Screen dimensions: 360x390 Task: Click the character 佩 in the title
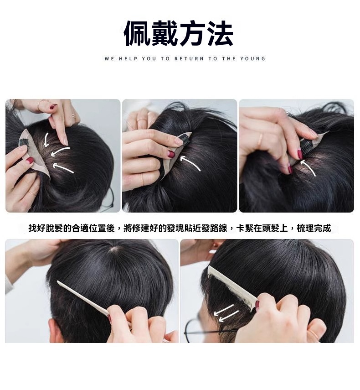pyautogui.click(x=137, y=33)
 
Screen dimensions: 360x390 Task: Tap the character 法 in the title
pyautogui.click(x=221, y=33)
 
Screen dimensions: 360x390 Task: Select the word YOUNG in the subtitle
pyautogui.click(x=253, y=59)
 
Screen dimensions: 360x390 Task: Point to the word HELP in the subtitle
pyautogui.click(x=128, y=59)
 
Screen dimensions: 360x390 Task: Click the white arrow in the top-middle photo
pyautogui.click(x=190, y=163)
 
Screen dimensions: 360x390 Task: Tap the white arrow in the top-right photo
pyautogui.click(x=309, y=168)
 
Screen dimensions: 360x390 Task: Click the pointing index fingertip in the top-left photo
pyautogui.click(x=65, y=142)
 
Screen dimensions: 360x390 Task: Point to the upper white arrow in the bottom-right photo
pyautogui.click(x=224, y=309)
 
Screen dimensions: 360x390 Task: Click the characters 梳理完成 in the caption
pyautogui.click(x=314, y=228)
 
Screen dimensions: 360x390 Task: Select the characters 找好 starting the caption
pyautogui.click(x=37, y=228)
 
